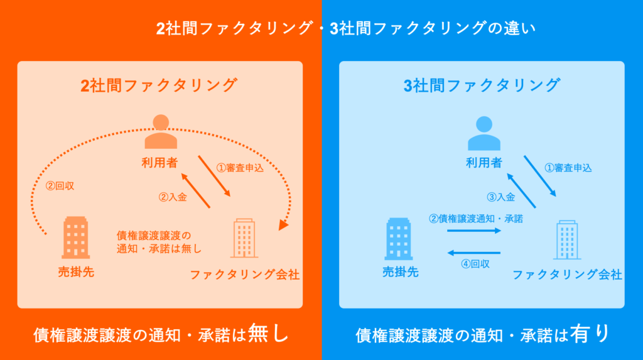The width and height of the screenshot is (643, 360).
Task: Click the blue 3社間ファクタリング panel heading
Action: coord(481,85)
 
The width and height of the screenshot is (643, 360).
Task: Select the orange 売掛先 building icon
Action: coord(75,237)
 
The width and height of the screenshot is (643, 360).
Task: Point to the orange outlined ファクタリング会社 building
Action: coord(244,238)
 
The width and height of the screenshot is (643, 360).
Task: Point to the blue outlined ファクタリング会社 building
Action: coord(566,238)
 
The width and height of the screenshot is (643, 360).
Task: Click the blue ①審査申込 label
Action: coord(568,168)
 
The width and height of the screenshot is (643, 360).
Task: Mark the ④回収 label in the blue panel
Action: coord(475,264)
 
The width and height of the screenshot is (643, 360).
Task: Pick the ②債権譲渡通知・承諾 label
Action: coord(476,219)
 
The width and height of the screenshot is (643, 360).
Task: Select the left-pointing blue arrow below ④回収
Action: coord(473,253)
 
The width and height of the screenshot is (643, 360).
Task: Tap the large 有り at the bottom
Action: coord(590,333)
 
